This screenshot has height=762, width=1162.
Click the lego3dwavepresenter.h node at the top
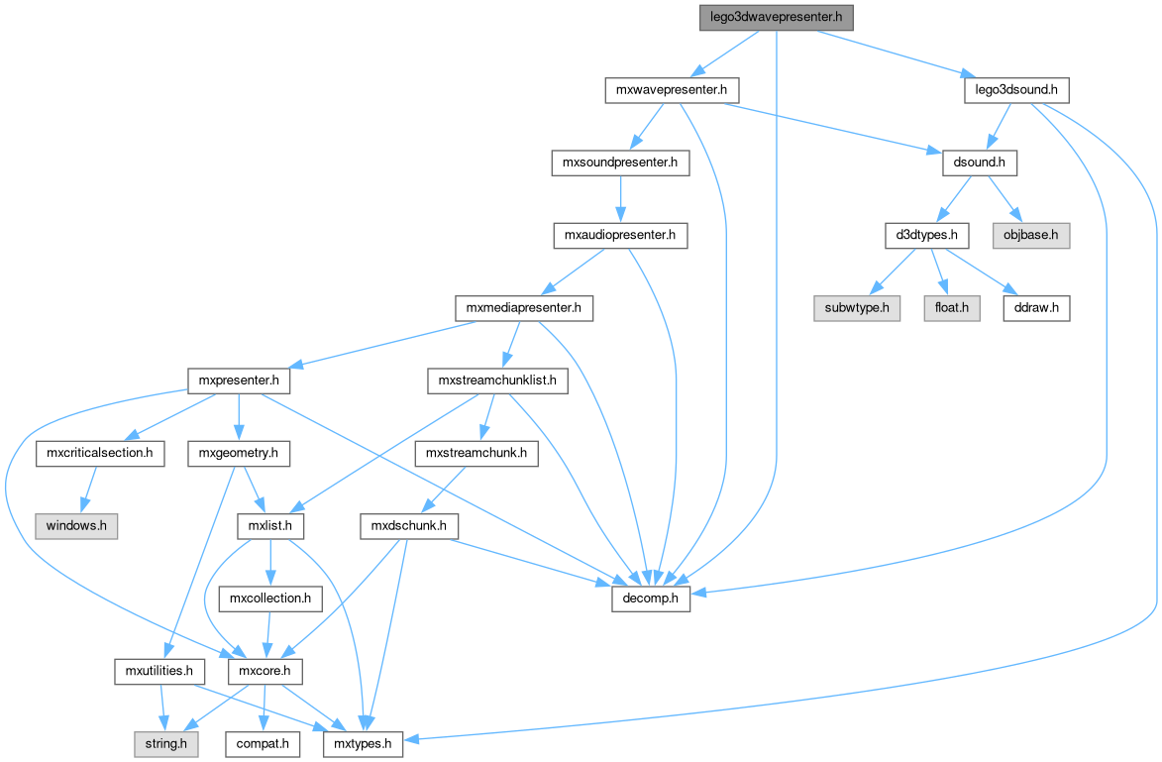776,17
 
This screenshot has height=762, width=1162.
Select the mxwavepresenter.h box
672,90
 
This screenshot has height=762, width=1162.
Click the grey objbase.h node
1030,236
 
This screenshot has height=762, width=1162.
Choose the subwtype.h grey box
857,308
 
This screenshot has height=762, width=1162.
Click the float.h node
952,308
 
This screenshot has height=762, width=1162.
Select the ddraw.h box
1036,308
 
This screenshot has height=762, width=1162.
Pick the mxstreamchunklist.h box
496,381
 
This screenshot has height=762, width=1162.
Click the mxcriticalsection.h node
99,454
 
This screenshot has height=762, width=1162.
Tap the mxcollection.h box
270,599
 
